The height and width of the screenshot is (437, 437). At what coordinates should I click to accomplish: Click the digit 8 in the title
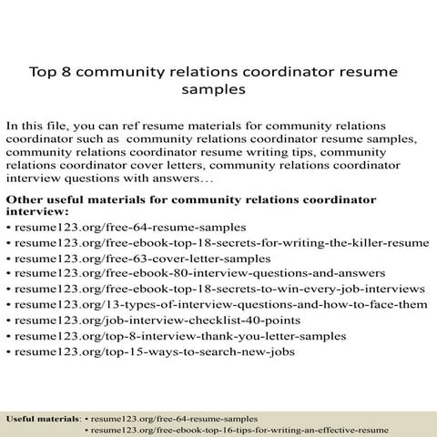click(x=68, y=70)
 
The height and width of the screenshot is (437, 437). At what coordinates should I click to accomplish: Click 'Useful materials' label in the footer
click(x=43, y=418)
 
